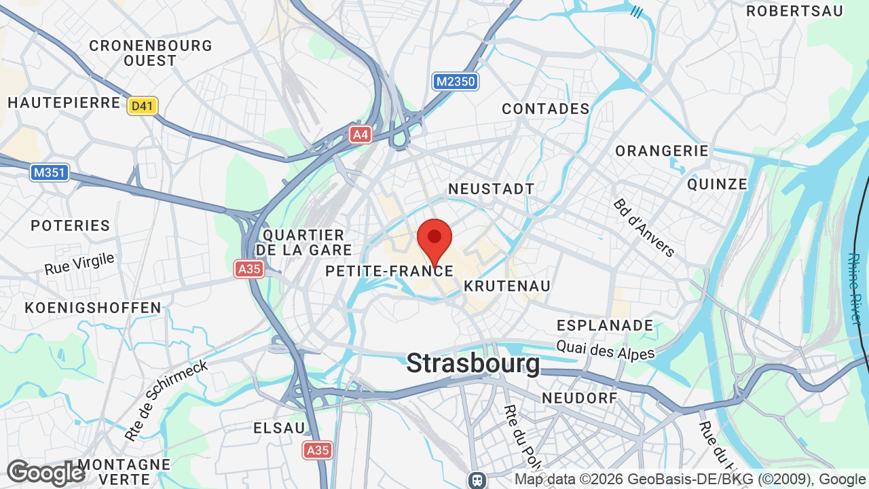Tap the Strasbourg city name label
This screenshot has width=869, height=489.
click(473, 363)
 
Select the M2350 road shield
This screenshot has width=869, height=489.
click(456, 82)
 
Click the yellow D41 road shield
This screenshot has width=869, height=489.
click(143, 106)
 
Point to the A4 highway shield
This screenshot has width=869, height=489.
click(360, 134)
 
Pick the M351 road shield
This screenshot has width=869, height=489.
click(50, 173)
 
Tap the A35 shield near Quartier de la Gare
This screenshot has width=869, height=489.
click(249, 269)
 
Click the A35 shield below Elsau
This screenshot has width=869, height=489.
click(317, 450)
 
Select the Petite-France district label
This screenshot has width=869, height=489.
click(389, 271)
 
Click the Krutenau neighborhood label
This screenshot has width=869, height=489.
click(507, 286)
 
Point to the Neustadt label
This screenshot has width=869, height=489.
click(492, 189)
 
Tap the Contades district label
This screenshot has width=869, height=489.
click(546, 109)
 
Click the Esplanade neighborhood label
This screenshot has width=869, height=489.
click(605, 325)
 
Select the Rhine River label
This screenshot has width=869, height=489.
click(854, 289)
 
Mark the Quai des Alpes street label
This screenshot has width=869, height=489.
click(606, 350)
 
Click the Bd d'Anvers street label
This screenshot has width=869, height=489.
click(644, 228)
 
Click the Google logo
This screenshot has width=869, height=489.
click(45, 473)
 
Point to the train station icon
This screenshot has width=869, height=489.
click(477, 480)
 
